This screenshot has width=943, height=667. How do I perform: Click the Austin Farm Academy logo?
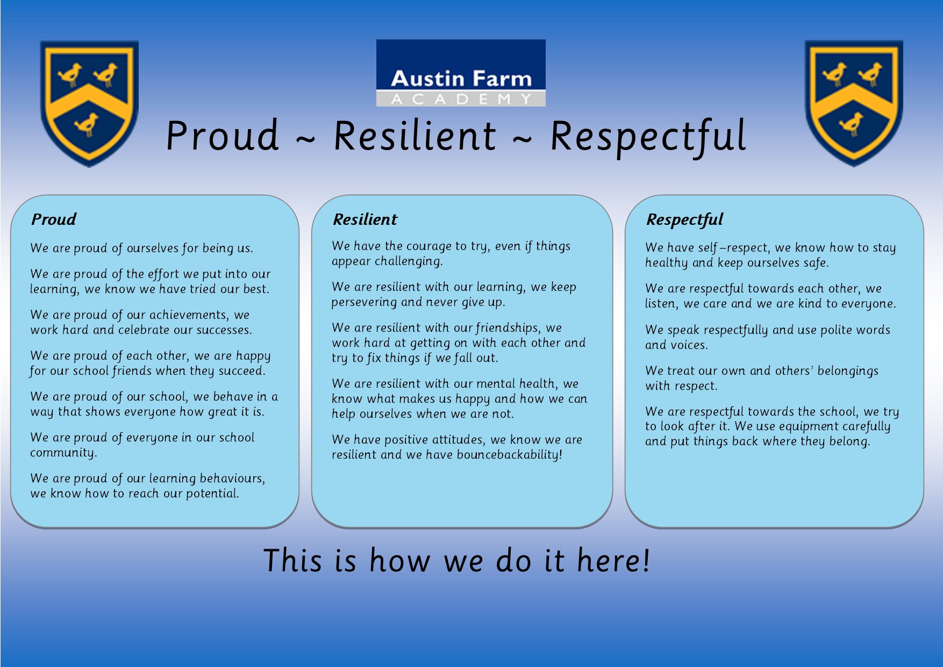click(461, 73)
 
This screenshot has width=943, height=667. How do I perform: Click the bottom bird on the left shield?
click(88, 125)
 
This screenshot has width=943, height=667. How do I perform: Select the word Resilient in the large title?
click(415, 136)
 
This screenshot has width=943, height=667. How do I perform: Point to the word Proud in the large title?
click(223, 135)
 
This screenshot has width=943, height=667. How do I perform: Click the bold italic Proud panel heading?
click(54, 219)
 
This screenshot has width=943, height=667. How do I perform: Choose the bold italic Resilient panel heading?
click(365, 219)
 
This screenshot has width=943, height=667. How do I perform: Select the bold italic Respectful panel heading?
click(684, 219)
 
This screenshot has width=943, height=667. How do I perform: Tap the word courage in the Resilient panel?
click(429, 246)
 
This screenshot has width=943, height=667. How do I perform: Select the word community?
click(63, 453)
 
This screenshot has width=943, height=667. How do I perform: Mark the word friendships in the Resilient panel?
click(508, 328)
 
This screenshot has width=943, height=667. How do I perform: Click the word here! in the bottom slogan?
click(613, 560)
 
